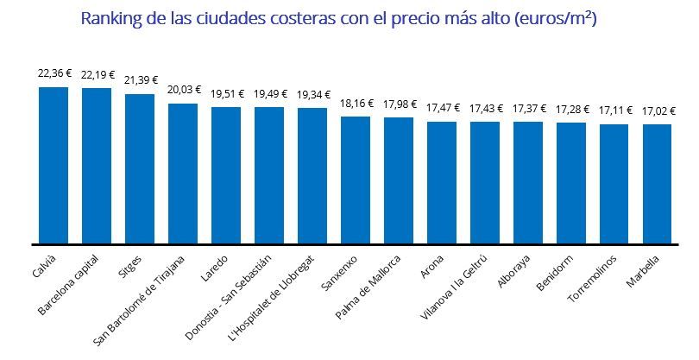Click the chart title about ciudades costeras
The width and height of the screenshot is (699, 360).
349,19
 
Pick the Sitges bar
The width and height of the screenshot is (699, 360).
140,169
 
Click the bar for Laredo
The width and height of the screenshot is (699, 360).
226,175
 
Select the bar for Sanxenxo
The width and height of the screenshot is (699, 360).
356,180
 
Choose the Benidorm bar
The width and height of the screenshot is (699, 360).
571,183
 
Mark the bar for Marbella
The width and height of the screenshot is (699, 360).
658,184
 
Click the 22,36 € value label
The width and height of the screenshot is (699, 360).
54,74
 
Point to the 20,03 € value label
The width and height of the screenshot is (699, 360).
183,90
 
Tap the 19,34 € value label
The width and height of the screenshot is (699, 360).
312,94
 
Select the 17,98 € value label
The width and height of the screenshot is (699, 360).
399,104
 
